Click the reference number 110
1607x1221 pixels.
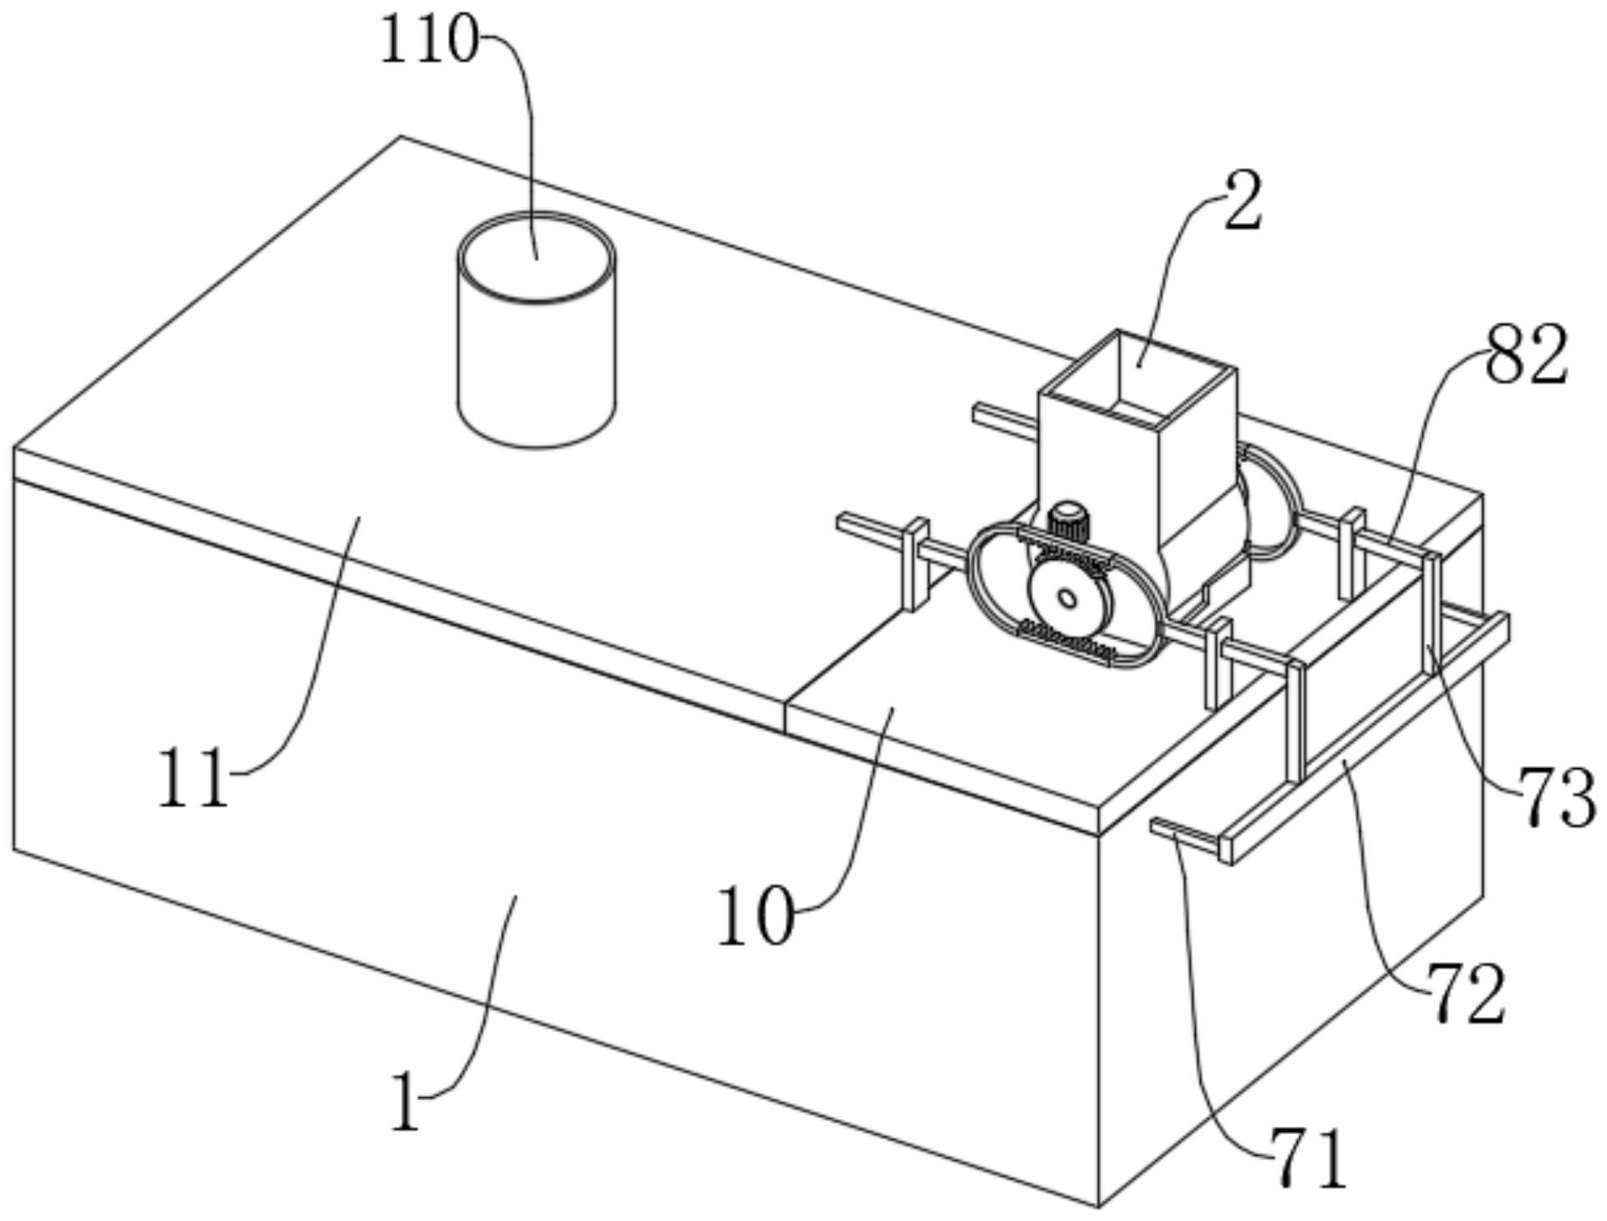430,40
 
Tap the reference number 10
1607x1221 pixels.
755,917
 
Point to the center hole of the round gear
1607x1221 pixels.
1066,598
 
